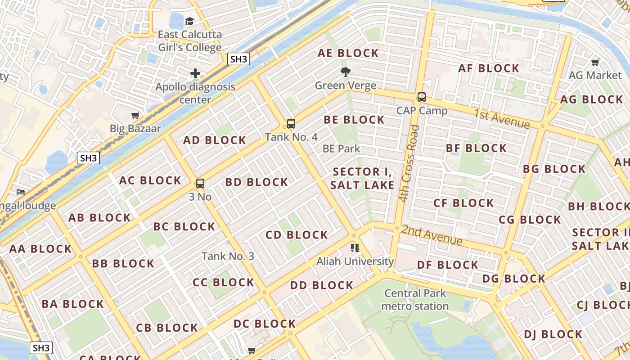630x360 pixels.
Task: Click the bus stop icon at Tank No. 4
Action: (x=291, y=124)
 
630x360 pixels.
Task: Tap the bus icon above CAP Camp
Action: (x=422, y=97)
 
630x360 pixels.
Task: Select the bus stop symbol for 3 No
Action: (x=200, y=184)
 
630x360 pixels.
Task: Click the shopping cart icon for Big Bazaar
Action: (x=135, y=116)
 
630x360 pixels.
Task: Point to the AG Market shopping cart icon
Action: (x=595, y=62)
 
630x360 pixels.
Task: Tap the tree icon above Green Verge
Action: (x=346, y=72)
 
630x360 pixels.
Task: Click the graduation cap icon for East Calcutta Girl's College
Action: (x=189, y=21)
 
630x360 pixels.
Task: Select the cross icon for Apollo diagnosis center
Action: (x=195, y=73)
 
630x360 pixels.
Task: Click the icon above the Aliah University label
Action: (x=355, y=247)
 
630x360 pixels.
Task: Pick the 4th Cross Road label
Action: (x=409, y=164)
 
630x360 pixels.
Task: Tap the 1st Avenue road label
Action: (x=501, y=118)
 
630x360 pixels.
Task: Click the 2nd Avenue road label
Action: (x=432, y=235)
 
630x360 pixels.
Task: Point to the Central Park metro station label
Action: (x=415, y=300)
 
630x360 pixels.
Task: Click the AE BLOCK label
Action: (x=348, y=53)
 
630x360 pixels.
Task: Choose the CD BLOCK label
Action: (x=297, y=235)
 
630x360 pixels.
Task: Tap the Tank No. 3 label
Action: (x=228, y=256)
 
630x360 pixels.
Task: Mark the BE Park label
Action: (x=341, y=148)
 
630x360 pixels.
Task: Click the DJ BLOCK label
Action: (x=553, y=334)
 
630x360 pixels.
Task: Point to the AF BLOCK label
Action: (x=489, y=68)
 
